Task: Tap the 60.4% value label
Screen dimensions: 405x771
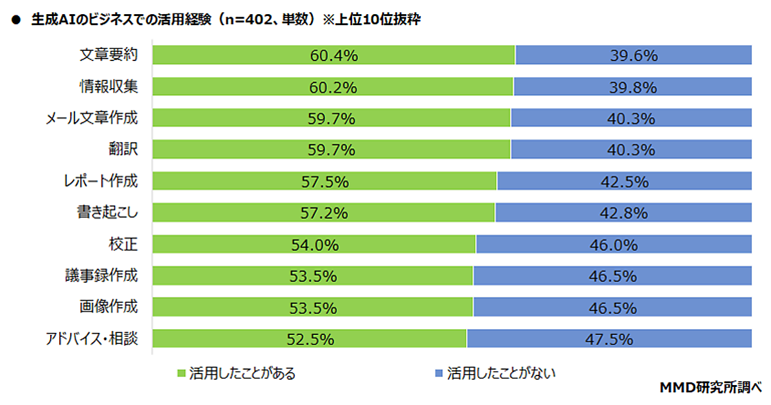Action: [x=333, y=56]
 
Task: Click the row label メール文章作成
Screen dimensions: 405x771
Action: [x=91, y=118]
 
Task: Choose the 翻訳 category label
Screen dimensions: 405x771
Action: [x=123, y=150]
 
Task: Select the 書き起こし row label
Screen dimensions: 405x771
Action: [x=107, y=213]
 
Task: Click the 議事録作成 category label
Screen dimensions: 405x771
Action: [x=100, y=276]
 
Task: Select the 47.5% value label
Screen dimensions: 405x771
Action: [x=610, y=339]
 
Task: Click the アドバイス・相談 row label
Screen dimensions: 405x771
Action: [x=91, y=339]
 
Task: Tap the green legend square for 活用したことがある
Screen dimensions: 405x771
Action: [x=181, y=373]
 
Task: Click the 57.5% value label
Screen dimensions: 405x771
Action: [x=324, y=182]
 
